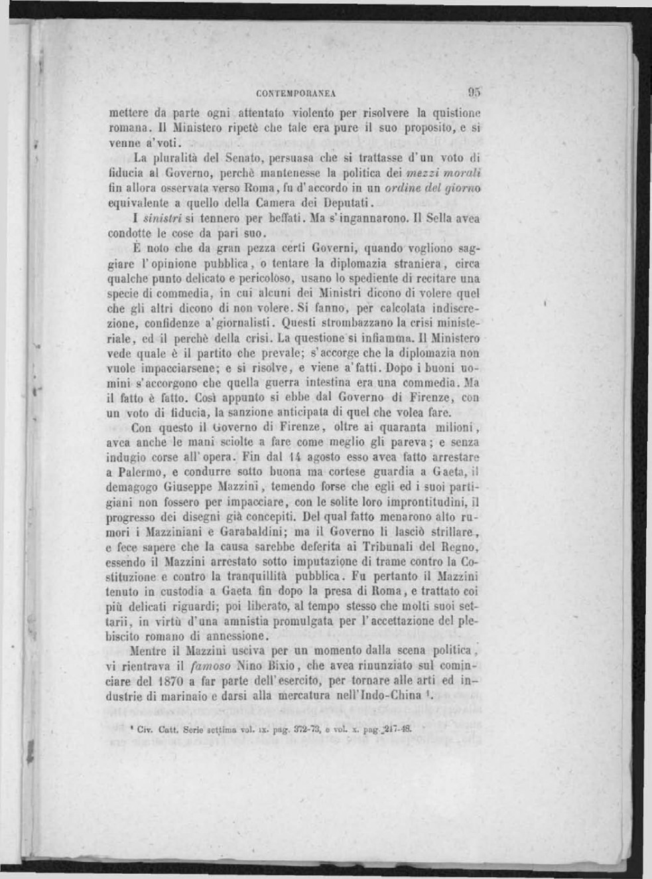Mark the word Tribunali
click(x=380, y=547)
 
